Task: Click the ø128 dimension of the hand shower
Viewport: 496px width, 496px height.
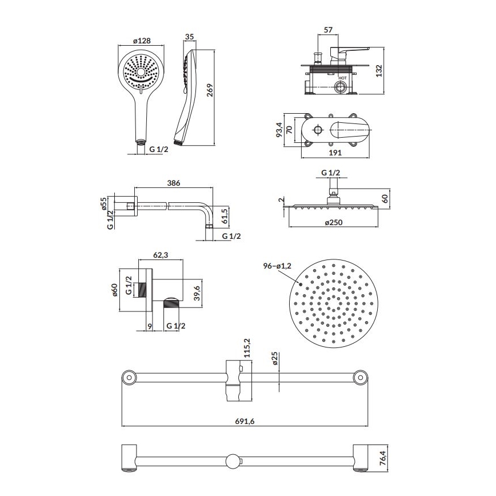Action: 141,41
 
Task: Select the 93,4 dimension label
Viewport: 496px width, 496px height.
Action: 279,129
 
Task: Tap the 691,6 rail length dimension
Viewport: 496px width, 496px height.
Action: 245,420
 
